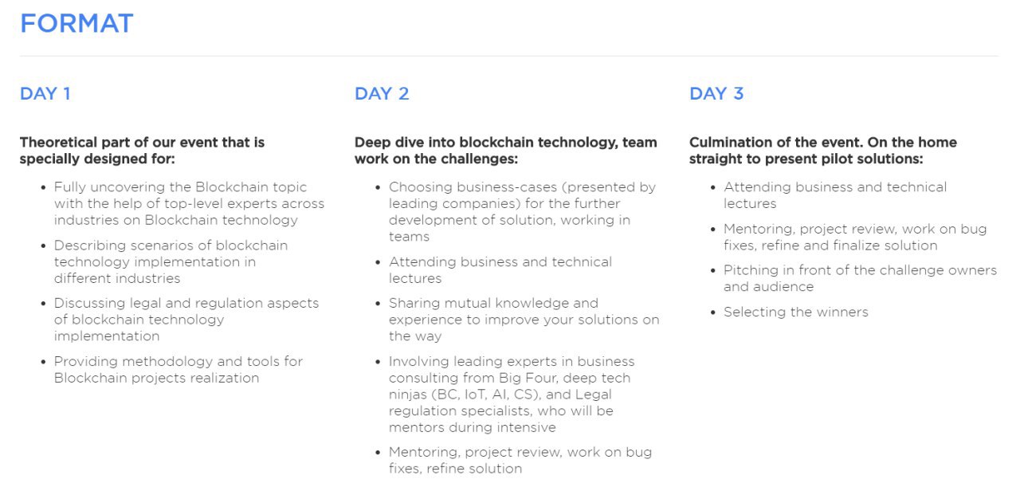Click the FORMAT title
point(76,23)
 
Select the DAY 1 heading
point(45,94)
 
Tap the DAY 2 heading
point(382,94)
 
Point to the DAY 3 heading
point(716,94)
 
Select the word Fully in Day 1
point(70,187)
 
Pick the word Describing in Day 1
point(90,246)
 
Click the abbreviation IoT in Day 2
point(475,395)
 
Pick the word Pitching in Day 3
point(751,270)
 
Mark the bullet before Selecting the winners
point(713,312)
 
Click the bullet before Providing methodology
point(43,362)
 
